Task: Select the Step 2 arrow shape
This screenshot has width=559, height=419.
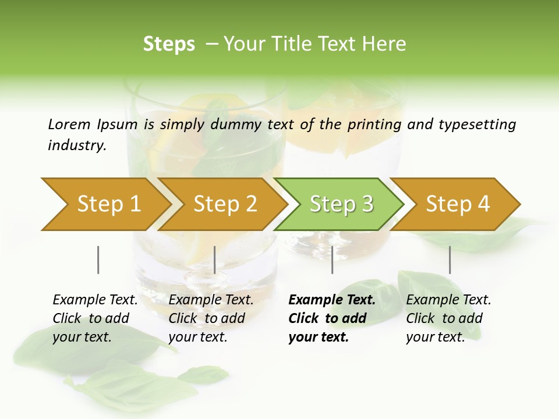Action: pyautogui.click(x=225, y=204)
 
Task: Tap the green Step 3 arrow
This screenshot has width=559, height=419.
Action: pyautogui.click(x=341, y=204)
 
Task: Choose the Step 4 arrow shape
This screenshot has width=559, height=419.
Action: pyautogui.click(x=458, y=204)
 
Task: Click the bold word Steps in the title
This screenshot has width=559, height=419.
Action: pyautogui.click(x=169, y=44)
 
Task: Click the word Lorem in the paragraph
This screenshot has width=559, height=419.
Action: pyautogui.click(x=69, y=124)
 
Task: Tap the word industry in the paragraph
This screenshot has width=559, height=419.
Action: pyautogui.click(x=76, y=145)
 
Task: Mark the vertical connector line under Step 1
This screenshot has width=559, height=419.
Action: pyautogui.click(x=98, y=260)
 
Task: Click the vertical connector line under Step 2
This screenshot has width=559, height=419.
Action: pyautogui.click(x=215, y=260)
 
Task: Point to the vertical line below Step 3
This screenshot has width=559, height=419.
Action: pyautogui.click(x=332, y=260)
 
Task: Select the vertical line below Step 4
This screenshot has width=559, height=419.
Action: pyautogui.click(x=450, y=260)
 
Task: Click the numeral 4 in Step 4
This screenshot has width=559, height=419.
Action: pyautogui.click(x=483, y=204)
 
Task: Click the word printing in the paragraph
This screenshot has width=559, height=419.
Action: pyautogui.click(x=374, y=124)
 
